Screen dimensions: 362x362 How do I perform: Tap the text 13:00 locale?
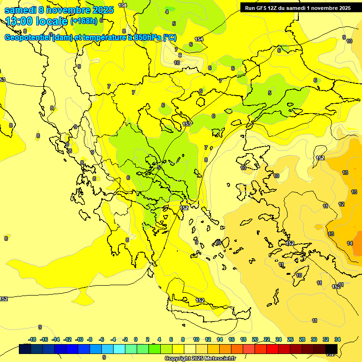(36, 21)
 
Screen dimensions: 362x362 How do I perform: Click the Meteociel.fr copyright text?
(200, 359)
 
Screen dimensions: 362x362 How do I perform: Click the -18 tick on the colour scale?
(32, 340)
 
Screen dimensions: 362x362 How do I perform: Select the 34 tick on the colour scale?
(337, 340)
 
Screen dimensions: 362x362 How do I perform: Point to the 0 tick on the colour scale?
(136, 340)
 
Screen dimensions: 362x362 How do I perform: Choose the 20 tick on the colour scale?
(255, 340)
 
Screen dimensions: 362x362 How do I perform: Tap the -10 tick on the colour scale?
(79, 340)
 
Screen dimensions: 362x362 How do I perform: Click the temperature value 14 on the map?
(350, 243)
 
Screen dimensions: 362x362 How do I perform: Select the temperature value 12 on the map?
(341, 204)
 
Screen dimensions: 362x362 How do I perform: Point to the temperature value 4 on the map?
(166, 11)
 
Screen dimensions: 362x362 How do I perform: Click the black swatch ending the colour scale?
(331, 349)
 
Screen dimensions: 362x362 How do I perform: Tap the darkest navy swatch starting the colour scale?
(25, 349)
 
